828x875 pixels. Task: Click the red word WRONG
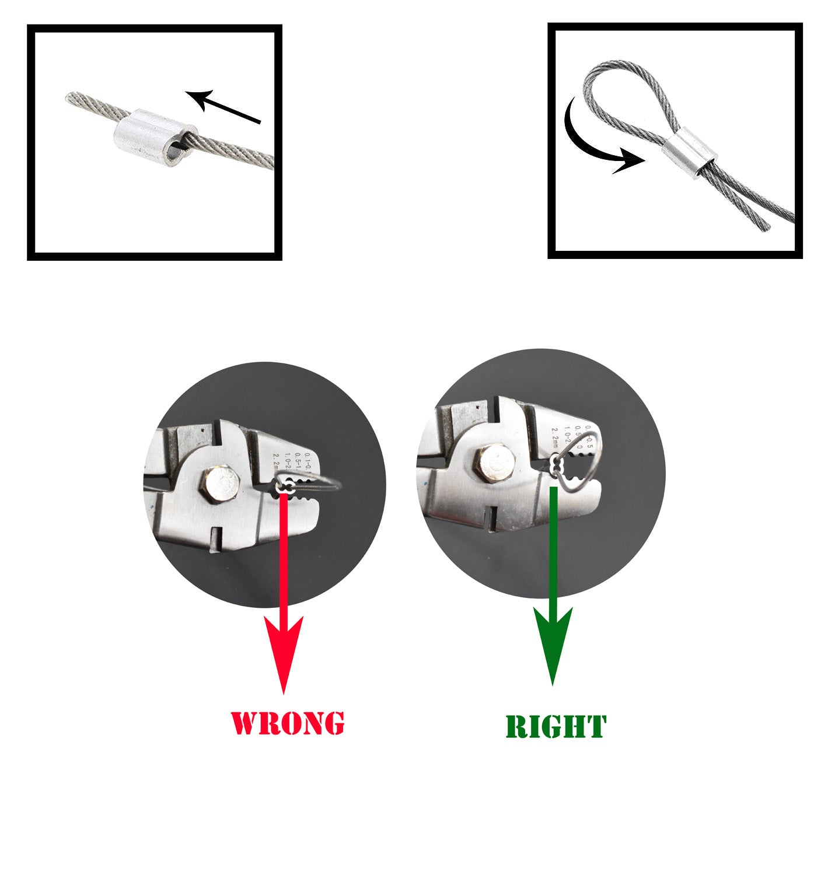[287, 723]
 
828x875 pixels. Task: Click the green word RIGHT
[556, 727]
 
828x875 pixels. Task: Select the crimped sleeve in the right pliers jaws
[556, 465]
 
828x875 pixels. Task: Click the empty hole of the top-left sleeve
[173, 153]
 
